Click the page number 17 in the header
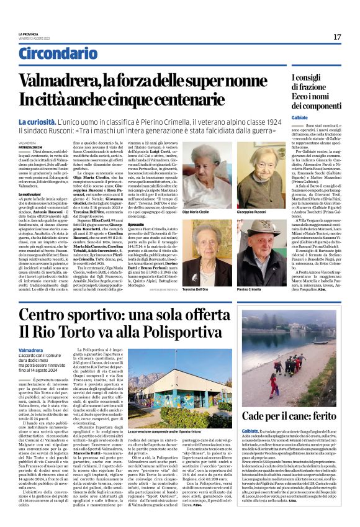(x=337, y=37)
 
